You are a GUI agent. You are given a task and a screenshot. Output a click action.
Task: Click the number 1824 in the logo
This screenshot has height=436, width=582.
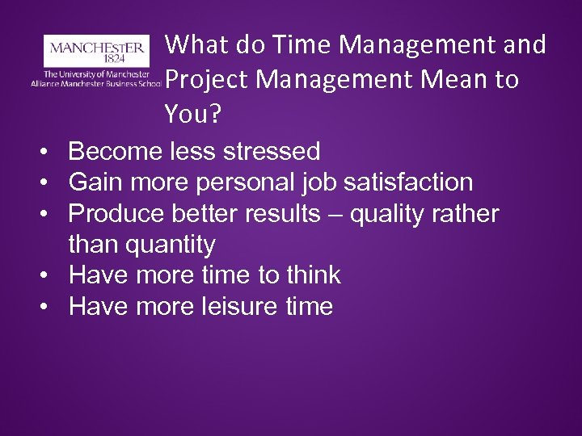point(96,59)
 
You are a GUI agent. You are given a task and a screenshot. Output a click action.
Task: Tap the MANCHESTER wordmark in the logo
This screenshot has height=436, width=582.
point(96,46)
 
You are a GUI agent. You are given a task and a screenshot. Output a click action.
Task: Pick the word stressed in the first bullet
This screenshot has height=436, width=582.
point(273,150)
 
